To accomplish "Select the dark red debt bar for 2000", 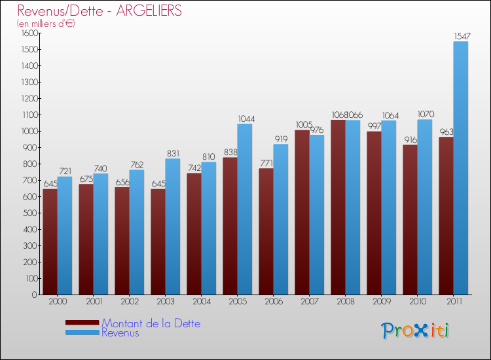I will (50, 242).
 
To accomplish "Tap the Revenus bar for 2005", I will (245, 209).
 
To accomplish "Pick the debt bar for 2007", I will (302, 212).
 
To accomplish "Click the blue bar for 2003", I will (173, 226).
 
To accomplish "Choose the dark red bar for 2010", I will (410, 219).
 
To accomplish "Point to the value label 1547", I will (461, 37).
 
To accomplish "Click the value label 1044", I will (246, 118).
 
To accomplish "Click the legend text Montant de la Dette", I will (151, 323).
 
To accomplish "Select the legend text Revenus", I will (120, 333).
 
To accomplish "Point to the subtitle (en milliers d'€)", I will (46, 23).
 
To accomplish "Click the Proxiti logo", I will (415, 331).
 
